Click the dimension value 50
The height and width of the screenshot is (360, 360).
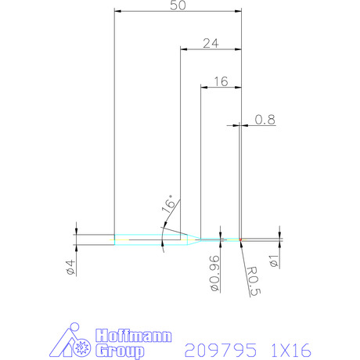[x=178, y=5]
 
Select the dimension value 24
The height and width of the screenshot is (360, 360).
[x=211, y=43]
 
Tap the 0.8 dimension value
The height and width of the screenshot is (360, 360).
[x=265, y=120]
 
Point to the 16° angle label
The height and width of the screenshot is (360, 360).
[x=167, y=204]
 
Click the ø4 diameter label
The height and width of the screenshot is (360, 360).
[x=70, y=268]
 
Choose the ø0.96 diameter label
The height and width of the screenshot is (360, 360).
[x=214, y=273]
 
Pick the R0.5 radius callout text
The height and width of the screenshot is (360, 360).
[x=254, y=281]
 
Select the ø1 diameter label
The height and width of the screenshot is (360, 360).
[x=274, y=261]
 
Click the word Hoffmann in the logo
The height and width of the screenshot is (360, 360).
[x=133, y=336]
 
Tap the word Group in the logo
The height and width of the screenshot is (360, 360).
[x=120, y=351]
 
